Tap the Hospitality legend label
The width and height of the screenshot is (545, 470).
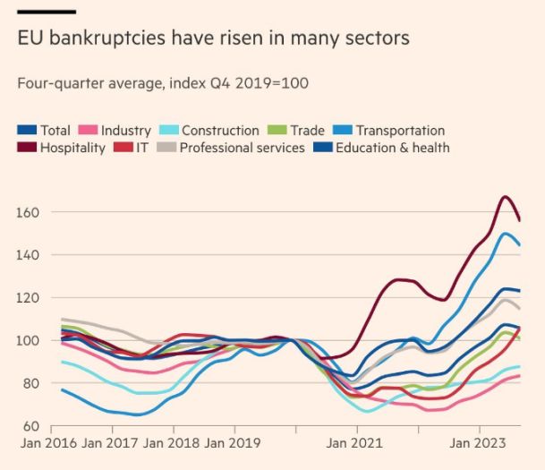pyautogui.click(x=72, y=148)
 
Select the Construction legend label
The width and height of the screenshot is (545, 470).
pyautogui.click(x=220, y=131)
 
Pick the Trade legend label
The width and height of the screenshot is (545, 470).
pyautogui.click(x=307, y=131)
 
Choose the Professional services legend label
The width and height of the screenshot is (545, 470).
pyautogui.click(x=243, y=148)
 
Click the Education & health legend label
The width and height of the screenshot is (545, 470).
pyautogui.click(x=393, y=148)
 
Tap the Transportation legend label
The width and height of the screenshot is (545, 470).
pyautogui.click(x=398, y=131)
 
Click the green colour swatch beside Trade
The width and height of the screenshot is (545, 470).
pyautogui.click(x=276, y=131)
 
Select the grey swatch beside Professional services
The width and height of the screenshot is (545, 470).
pyautogui.click(x=166, y=148)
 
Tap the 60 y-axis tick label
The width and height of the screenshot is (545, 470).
pyautogui.click(x=30, y=426)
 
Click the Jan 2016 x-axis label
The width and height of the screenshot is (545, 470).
pyautogui.click(x=46, y=442)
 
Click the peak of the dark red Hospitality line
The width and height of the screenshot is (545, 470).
pyautogui.click(x=506, y=197)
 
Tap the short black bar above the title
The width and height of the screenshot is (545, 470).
pyautogui.click(x=46, y=11)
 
